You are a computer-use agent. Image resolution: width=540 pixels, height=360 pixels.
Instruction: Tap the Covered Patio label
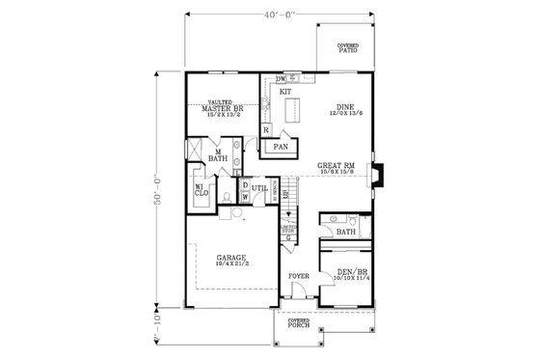point(347,47)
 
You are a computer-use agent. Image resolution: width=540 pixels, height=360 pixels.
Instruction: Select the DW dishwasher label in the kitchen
point(280,78)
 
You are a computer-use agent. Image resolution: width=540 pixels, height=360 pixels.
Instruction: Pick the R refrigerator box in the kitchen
point(265,128)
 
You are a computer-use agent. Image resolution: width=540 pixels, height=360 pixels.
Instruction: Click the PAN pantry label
point(282,147)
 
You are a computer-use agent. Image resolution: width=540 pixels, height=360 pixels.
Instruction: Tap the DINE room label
point(344,109)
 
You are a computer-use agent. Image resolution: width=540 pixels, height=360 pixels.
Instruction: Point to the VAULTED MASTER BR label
point(222,108)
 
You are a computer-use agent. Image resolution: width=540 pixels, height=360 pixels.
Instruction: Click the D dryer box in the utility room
point(245,185)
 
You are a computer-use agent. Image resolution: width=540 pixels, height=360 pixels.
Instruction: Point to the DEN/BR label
point(345,274)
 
